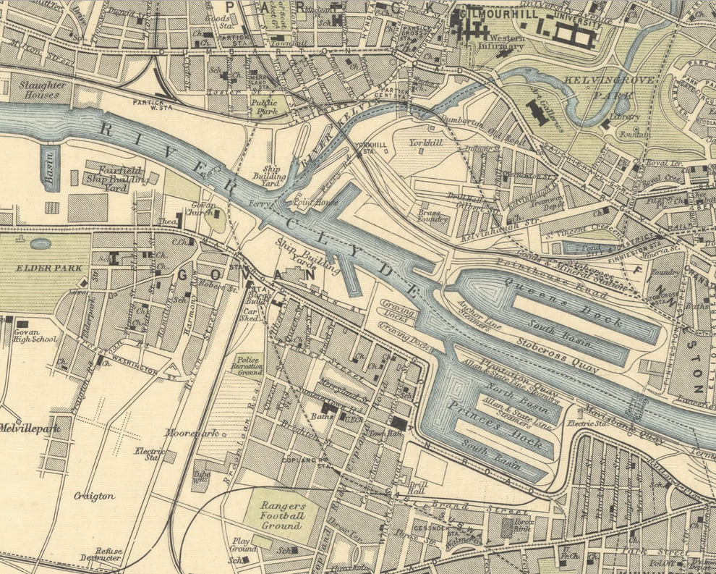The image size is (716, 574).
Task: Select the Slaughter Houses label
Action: (38, 90)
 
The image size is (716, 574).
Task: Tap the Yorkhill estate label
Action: (425, 143)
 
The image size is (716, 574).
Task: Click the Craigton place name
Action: (93, 496)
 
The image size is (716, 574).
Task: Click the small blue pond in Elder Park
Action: (41, 244)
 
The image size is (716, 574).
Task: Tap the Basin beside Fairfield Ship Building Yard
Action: (50, 168)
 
